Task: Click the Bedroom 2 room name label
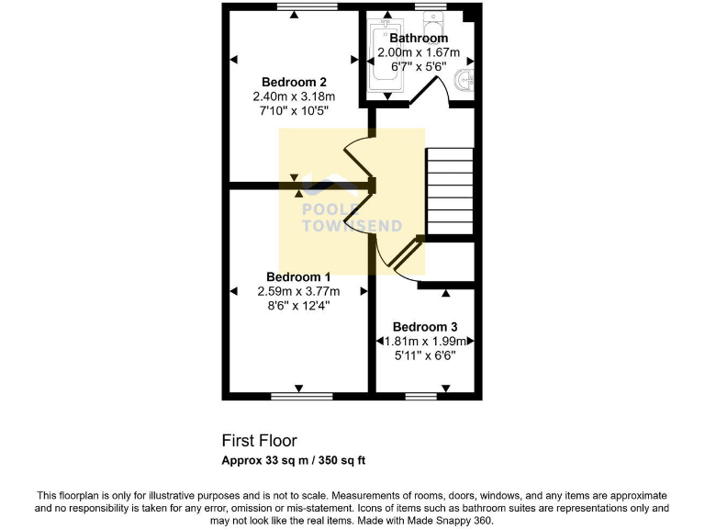coord(294,81)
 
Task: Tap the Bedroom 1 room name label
coord(298,276)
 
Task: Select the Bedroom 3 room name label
coord(425,327)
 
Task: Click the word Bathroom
coord(419,39)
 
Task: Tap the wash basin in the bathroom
coord(467,81)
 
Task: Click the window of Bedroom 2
coord(294,7)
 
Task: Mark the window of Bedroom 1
coord(302,397)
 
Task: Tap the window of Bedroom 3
coord(421,397)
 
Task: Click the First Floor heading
coord(260,441)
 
